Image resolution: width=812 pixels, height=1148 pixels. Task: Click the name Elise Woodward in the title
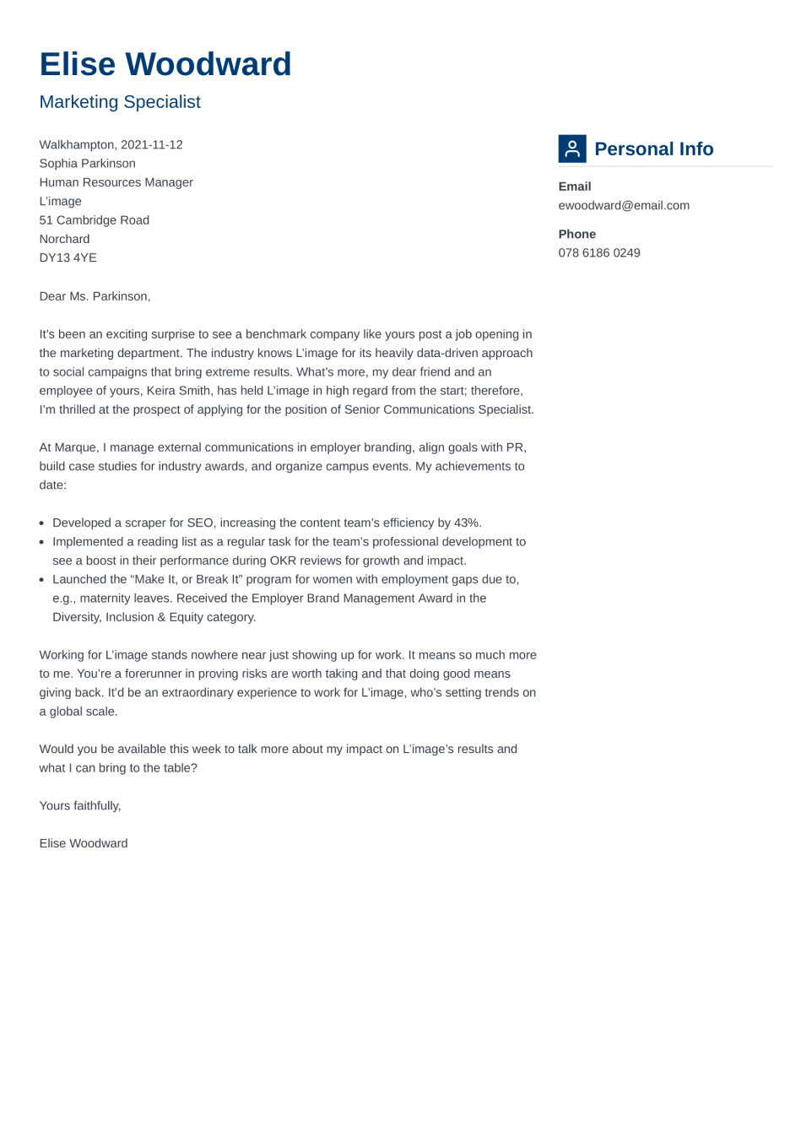click(x=165, y=65)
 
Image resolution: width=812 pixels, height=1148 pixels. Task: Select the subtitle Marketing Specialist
click(x=120, y=102)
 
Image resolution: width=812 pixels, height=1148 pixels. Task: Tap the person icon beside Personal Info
click(x=572, y=149)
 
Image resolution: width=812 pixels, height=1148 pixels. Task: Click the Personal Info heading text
click(x=653, y=149)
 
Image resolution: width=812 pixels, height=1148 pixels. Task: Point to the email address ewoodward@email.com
click(x=624, y=205)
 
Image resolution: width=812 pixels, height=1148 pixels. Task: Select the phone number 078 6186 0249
click(x=599, y=253)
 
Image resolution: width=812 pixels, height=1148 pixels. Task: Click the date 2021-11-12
click(x=152, y=145)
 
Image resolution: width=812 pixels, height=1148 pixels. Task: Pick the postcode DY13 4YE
click(x=68, y=258)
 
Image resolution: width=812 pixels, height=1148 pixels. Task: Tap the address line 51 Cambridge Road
click(x=94, y=220)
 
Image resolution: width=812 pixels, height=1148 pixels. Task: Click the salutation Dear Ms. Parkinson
click(x=95, y=296)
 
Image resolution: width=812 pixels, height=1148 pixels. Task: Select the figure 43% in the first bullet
click(x=466, y=523)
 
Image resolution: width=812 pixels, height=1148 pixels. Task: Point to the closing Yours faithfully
click(x=80, y=806)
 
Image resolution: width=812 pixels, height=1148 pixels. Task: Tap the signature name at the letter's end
click(x=84, y=843)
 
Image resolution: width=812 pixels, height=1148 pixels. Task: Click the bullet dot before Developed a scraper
click(x=42, y=523)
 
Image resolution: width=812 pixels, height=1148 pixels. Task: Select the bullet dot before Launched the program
click(x=42, y=580)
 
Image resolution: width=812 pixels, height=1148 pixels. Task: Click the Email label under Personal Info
click(x=575, y=187)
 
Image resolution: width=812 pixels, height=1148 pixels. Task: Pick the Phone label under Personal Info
click(x=577, y=235)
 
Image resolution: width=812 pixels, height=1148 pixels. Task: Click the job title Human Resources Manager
click(x=116, y=182)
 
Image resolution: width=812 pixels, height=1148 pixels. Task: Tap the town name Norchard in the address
click(x=64, y=240)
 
